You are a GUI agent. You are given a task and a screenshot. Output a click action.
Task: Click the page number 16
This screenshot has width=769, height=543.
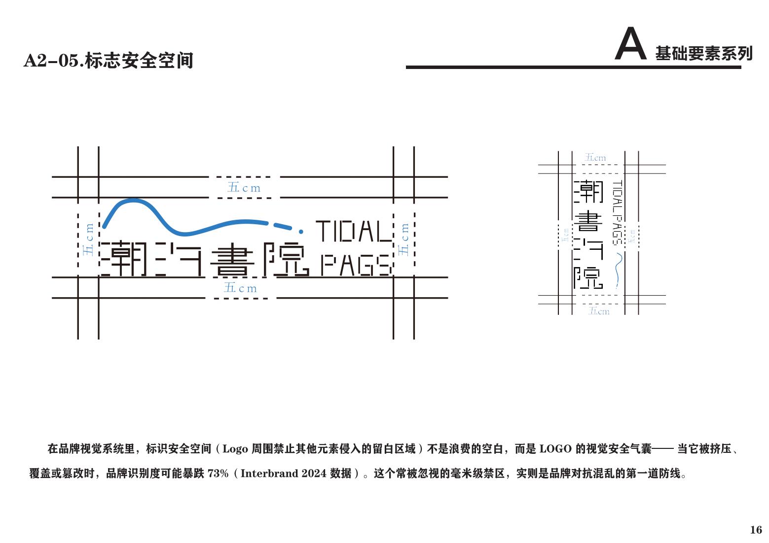(x=756, y=530)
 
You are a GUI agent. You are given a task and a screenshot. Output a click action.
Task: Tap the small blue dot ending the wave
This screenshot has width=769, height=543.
(x=302, y=230)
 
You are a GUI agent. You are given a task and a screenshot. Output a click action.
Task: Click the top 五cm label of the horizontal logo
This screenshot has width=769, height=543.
(x=244, y=188)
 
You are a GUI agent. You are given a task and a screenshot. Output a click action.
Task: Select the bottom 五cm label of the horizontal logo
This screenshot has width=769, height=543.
(x=240, y=288)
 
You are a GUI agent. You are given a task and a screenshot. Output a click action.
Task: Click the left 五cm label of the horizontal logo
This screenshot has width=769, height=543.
(x=88, y=239)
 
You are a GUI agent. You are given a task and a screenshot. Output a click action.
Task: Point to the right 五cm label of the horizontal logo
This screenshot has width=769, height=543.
(x=404, y=239)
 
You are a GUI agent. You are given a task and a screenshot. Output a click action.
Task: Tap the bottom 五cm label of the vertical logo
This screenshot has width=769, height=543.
(x=599, y=311)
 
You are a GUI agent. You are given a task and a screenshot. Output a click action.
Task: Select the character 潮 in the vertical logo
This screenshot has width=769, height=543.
(x=587, y=192)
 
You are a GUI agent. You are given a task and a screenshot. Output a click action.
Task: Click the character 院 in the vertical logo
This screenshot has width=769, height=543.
(x=587, y=278)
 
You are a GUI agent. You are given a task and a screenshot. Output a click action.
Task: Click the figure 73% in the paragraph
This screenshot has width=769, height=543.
(x=218, y=474)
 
